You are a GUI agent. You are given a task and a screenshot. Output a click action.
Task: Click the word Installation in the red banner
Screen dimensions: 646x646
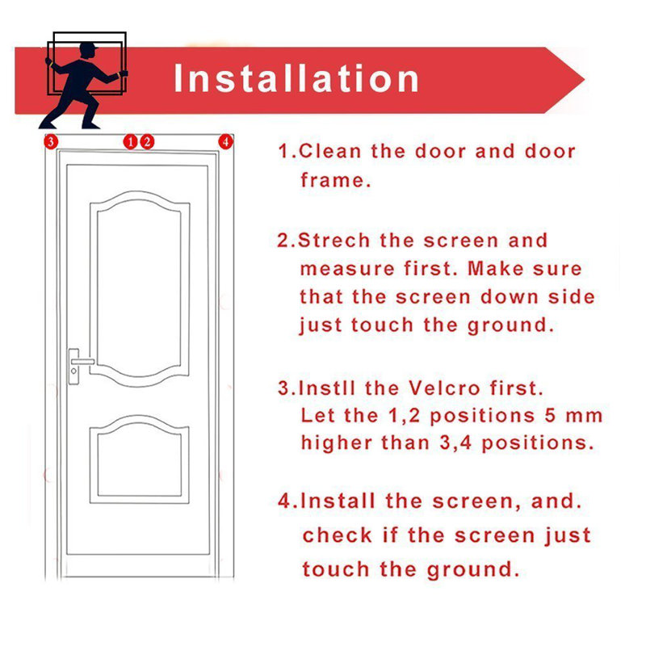tap(296, 78)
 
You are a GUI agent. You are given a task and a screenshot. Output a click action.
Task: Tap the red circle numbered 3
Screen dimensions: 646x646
tap(51, 142)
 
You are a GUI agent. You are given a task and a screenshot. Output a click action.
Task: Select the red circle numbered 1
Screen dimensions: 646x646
tap(130, 142)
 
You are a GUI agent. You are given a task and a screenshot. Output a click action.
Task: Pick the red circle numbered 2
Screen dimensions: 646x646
tap(147, 142)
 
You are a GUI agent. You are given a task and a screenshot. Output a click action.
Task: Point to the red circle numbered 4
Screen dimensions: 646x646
tap(225, 142)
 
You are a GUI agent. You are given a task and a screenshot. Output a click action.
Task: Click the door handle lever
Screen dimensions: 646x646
tap(82, 361)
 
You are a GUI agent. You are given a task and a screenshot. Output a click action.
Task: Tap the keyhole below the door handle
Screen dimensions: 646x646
tap(73, 371)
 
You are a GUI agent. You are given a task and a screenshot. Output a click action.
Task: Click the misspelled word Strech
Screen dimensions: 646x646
tap(333, 240)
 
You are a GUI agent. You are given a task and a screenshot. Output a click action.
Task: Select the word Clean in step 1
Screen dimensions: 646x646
tap(329, 151)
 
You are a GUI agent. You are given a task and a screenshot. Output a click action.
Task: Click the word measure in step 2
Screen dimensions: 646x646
tap(347, 270)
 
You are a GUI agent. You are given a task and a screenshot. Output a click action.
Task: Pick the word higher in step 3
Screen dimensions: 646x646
tap(336, 443)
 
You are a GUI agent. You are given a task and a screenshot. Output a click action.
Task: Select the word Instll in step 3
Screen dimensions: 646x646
tap(326, 388)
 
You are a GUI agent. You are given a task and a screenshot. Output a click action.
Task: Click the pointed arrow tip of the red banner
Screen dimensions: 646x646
tap(583, 79)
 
